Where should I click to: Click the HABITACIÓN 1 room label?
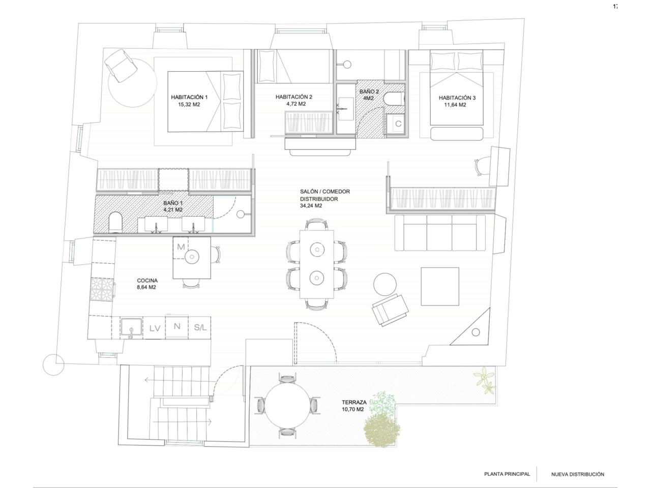point(189,97)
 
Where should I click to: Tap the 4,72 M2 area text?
point(296,104)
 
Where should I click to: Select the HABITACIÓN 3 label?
point(457,98)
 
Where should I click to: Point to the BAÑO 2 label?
point(369,92)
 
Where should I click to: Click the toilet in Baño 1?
point(115,222)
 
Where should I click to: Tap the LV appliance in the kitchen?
point(155,328)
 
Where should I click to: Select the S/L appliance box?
point(200,328)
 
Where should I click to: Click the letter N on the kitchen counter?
point(177,326)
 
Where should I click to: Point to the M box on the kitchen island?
point(181,247)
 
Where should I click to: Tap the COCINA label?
point(147,280)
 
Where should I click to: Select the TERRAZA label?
point(354,403)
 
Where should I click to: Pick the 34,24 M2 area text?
point(311,206)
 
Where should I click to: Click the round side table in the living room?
point(384,284)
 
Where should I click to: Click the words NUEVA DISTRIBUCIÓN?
point(578,474)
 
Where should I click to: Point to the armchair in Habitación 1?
point(120,66)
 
